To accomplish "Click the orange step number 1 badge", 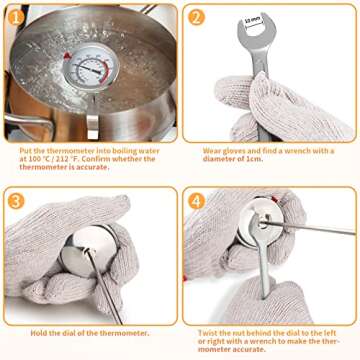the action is [16, 17].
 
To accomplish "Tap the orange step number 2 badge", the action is [196, 17].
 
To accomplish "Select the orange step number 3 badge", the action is [16, 201].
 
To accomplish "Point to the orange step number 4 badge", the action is [196, 201].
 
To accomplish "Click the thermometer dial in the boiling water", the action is [91, 67].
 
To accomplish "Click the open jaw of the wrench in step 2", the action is [256, 27].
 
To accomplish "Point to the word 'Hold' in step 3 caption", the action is [38, 333].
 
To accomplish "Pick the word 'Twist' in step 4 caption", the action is [207, 333].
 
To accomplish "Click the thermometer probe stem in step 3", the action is [105, 287].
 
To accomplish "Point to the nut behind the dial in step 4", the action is [262, 223].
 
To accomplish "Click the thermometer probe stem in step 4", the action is [308, 227].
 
